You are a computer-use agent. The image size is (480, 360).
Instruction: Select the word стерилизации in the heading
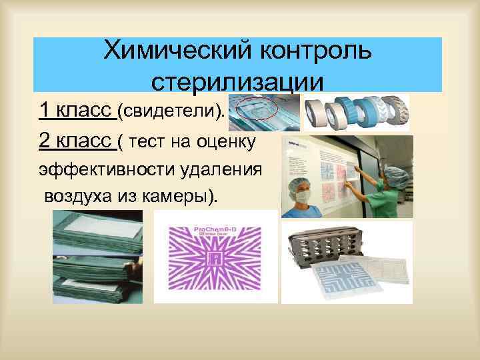pos(238,82)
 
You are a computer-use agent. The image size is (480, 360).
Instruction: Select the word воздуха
pos(77,197)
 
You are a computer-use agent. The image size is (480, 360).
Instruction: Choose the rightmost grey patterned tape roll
pos(395,111)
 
